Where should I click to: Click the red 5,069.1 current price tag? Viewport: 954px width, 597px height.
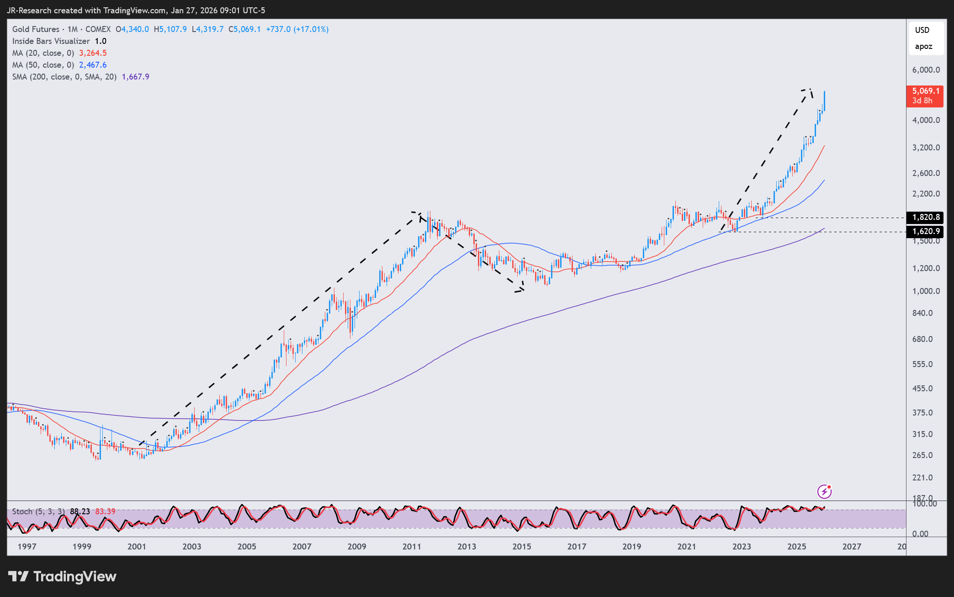(x=925, y=96)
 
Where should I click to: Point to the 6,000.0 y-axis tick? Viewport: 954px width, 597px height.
(x=926, y=70)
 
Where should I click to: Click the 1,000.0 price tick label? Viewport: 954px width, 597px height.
(x=926, y=291)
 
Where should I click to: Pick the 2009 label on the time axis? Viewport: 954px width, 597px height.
(x=356, y=546)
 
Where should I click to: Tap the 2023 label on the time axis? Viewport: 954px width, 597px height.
(x=741, y=546)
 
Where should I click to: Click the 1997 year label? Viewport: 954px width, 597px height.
(x=26, y=546)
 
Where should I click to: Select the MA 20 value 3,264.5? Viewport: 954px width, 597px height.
(x=93, y=53)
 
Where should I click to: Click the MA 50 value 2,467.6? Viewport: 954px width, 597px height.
(x=93, y=65)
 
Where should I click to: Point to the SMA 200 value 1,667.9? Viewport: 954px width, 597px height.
(x=135, y=77)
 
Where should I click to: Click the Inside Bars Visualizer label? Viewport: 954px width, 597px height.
(x=51, y=41)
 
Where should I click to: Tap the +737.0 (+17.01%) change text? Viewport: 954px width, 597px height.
(x=297, y=29)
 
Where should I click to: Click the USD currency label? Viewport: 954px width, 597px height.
(x=922, y=30)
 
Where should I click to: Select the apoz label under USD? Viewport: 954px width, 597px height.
(x=923, y=47)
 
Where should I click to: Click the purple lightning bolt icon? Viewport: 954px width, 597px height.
(x=824, y=492)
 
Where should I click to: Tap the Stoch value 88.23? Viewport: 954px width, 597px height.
(x=80, y=512)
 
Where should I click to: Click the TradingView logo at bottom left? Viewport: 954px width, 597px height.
(x=63, y=576)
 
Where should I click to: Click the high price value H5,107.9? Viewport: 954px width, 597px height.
(x=170, y=29)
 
